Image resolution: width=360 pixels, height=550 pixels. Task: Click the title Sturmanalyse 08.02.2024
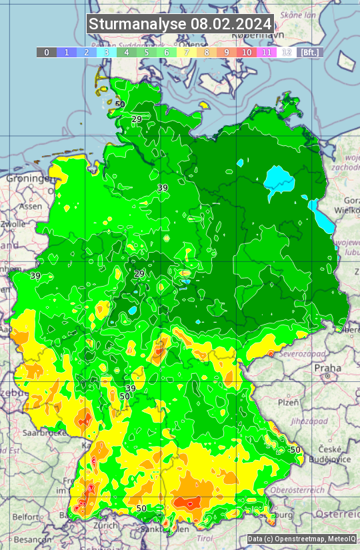point(180,24)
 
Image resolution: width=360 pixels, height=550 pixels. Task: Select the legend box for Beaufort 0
point(47,52)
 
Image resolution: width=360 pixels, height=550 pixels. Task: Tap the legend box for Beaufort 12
point(286,52)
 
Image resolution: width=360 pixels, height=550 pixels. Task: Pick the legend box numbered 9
point(227,52)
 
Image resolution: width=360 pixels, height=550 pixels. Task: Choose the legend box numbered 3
point(107,52)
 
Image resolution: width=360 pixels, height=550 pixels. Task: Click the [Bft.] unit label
point(309,52)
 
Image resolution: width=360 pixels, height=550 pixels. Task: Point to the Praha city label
point(327,368)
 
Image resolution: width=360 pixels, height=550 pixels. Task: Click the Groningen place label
point(30,179)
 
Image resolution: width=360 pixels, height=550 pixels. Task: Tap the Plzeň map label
point(288,403)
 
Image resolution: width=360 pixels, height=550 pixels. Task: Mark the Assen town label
point(29,207)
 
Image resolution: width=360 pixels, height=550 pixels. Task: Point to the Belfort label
point(27,516)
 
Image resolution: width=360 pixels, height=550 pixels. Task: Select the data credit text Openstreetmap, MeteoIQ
point(301,539)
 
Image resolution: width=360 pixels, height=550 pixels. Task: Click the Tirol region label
point(205,537)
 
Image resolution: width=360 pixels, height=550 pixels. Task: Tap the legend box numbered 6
point(167,52)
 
